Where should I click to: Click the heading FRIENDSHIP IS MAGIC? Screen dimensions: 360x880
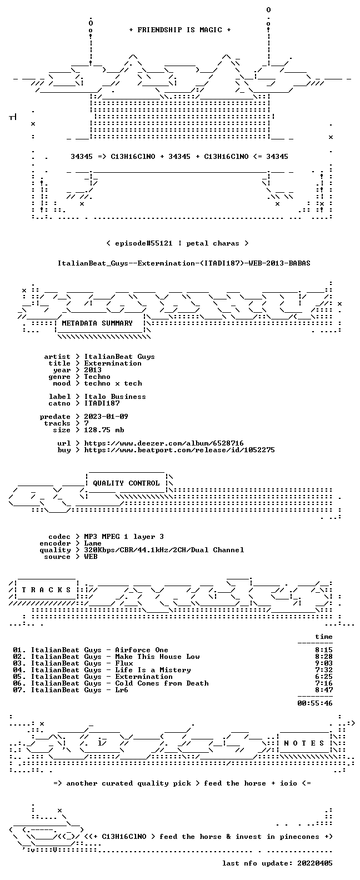(x=180, y=30)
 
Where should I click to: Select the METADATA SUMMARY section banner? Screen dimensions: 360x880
(x=97, y=323)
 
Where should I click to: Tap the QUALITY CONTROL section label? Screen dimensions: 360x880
(x=126, y=483)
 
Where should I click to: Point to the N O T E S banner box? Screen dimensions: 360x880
(x=304, y=743)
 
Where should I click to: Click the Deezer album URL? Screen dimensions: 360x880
(x=164, y=443)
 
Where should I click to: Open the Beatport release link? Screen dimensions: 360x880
(x=179, y=450)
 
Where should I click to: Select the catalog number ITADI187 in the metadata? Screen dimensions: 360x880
(x=102, y=403)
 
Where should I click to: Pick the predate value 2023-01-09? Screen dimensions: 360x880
(x=106, y=417)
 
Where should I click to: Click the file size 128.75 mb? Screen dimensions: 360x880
(x=104, y=430)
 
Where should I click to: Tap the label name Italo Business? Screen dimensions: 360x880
(x=115, y=397)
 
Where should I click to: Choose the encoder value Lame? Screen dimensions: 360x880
(x=93, y=543)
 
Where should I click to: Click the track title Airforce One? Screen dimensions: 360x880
(x=142, y=650)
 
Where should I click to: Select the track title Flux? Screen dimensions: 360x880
(x=124, y=663)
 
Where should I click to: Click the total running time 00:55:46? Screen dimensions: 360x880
(x=315, y=703)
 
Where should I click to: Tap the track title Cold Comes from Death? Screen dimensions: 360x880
(x=162, y=683)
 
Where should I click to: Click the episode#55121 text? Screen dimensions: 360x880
(x=143, y=243)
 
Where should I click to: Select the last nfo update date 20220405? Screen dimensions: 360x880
(x=315, y=863)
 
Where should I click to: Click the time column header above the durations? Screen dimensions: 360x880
(x=324, y=637)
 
